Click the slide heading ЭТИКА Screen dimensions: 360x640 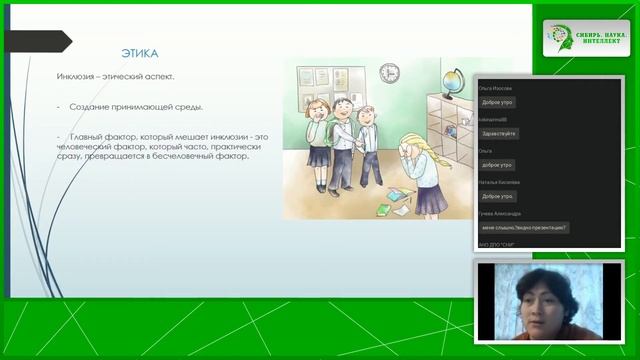[x=139, y=53]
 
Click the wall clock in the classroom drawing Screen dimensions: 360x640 [x=389, y=72]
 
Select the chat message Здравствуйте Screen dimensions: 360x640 [x=499, y=133]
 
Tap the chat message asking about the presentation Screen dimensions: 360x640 [x=524, y=227]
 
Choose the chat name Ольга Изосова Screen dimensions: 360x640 [x=503, y=87]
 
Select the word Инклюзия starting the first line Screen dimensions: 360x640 [x=74, y=77]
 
